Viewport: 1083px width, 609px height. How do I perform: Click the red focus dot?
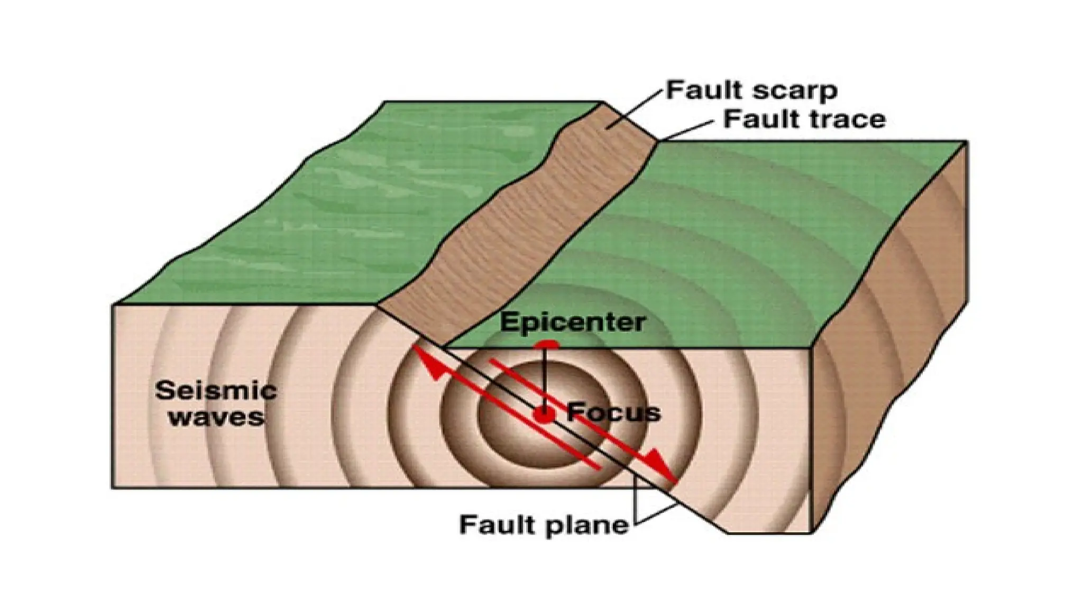[544, 414]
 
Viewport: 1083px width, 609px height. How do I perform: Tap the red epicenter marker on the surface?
[546, 345]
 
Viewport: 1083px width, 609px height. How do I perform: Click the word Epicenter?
[573, 322]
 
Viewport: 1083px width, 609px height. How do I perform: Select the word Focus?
[613, 412]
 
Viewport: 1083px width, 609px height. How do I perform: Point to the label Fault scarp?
[751, 90]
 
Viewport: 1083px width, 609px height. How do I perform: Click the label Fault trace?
[804, 119]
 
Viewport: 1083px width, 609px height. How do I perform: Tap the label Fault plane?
[544, 525]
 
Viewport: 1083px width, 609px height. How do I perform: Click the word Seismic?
[216, 391]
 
